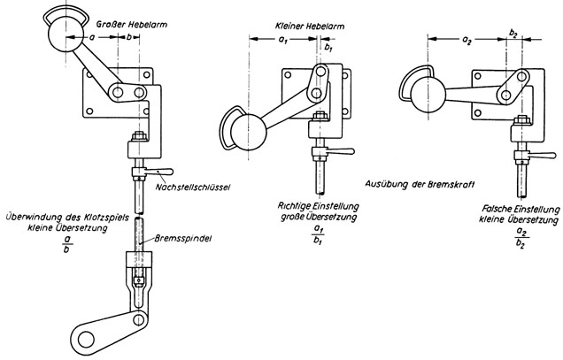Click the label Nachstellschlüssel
pyautogui.click(x=193, y=187)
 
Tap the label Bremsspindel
pyautogui.click(x=182, y=238)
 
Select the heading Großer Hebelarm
pyautogui.click(x=131, y=25)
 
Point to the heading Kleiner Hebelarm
pyautogui.click(x=310, y=27)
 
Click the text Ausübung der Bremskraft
pyautogui.click(x=420, y=184)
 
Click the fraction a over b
pyautogui.click(x=66, y=244)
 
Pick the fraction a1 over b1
pyautogui.click(x=318, y=234)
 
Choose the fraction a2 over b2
pyautogui.click(x=521, y=238)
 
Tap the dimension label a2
pyautogui.click(x=467, y=42)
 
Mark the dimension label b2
pyautogui.click(x=513, y=34)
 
